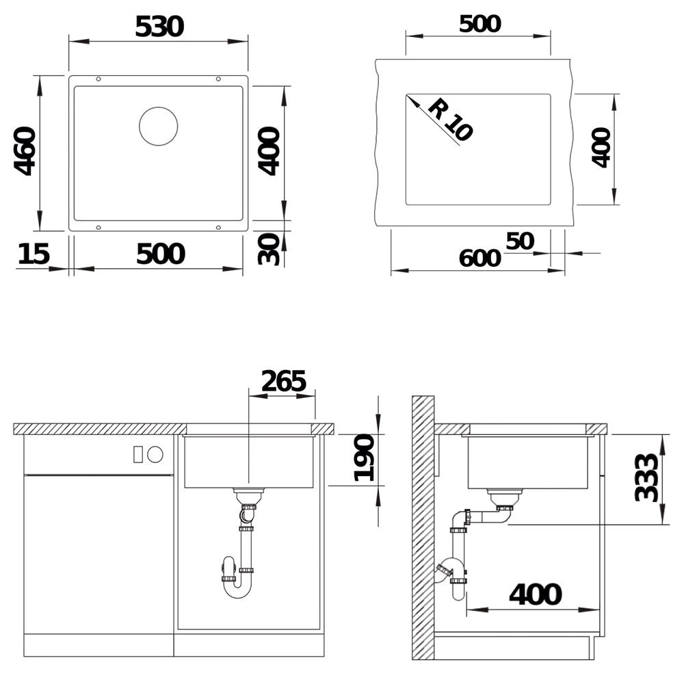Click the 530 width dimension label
coord(159,27)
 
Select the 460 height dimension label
coord(25,151)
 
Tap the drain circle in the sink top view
coord(159,126)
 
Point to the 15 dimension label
coord(34,254)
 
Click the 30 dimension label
coord(268,249)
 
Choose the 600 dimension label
coord(480,258)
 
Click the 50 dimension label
coord(520,241)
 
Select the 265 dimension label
coord(284,381)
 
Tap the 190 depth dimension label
coord(365,458)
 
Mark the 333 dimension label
coord(646,477)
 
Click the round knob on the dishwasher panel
coord(155,455)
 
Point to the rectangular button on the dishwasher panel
coord(138,455)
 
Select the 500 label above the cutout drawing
coord(480,23)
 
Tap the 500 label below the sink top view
coord(161,254)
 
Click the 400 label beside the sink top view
coord(268,151)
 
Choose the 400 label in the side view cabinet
coord(536,594)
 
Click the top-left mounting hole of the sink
coord(98,79)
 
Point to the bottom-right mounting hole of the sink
coord(219,227)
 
